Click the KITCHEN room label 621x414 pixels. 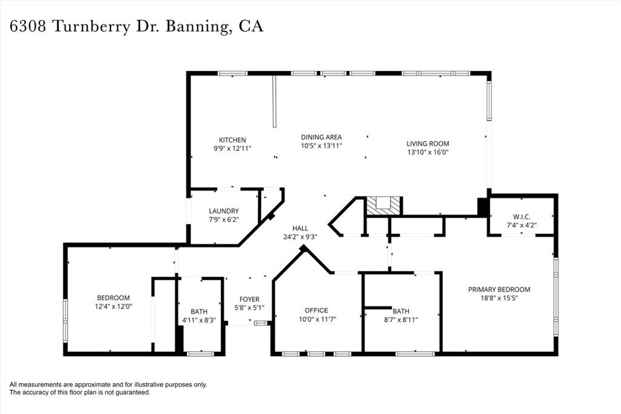[232, 140]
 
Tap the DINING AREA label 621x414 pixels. [321, 137]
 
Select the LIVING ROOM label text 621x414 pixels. [428, 144]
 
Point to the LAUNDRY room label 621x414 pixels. [224, 211]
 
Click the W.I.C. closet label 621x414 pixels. [522, 217]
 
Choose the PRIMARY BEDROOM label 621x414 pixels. [499, 289]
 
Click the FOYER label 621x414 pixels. [249, 299]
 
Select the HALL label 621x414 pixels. [300, 229]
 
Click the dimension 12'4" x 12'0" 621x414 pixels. [113, 307]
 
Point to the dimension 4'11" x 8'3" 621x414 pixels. [199, 319]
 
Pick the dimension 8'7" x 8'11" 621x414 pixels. [401, 319]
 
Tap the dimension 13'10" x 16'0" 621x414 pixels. [428, 152]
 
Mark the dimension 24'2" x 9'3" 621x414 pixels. [300, 237]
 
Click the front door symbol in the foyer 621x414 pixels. [261, 323]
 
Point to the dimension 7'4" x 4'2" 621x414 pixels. [522, 225]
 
